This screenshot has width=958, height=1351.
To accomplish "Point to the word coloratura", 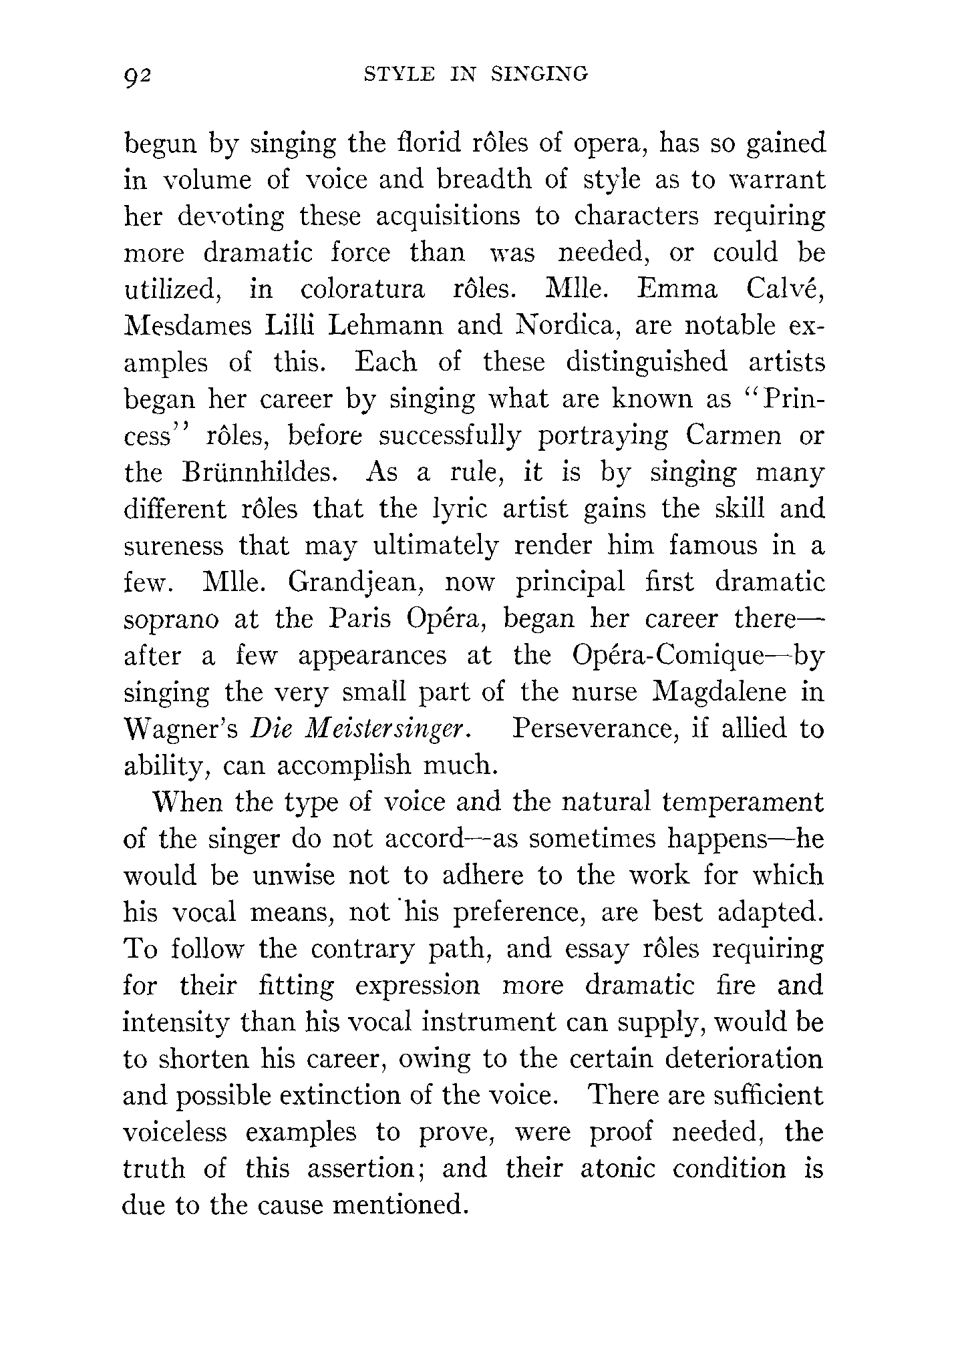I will click(362, 291).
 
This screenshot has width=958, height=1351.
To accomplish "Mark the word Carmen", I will click(734, 436).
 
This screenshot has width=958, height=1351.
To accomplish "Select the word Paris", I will click(361, 619).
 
